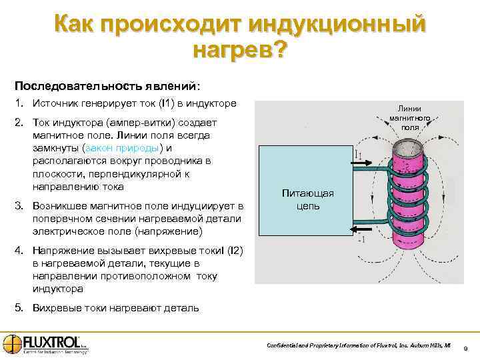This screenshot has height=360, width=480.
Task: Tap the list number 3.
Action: click(18, 207)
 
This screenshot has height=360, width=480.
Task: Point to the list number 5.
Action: click(18, 309)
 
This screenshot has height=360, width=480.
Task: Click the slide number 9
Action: click(465, 347)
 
